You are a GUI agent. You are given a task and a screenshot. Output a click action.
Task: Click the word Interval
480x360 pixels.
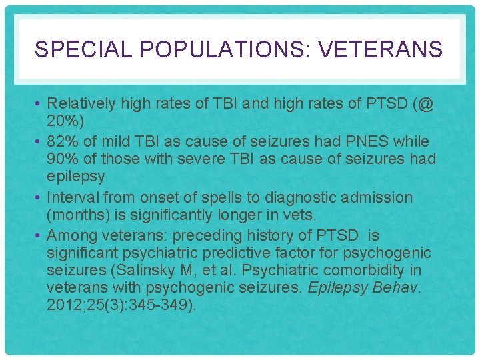[75, 198]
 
